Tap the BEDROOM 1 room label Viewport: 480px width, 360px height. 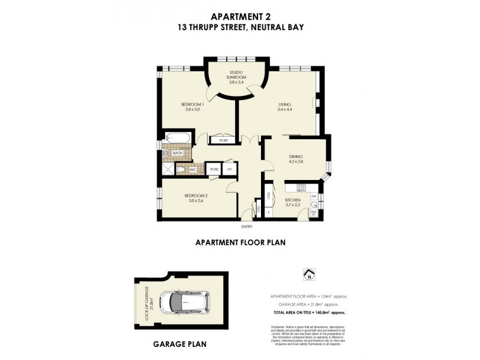point(193,107)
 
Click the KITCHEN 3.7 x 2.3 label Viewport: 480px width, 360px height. point(293,202)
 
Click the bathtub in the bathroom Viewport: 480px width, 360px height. point(178,139)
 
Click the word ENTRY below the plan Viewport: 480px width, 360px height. point(247,227)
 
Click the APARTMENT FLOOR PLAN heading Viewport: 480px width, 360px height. point(240,243)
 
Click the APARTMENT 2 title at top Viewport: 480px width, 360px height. point(239,17)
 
